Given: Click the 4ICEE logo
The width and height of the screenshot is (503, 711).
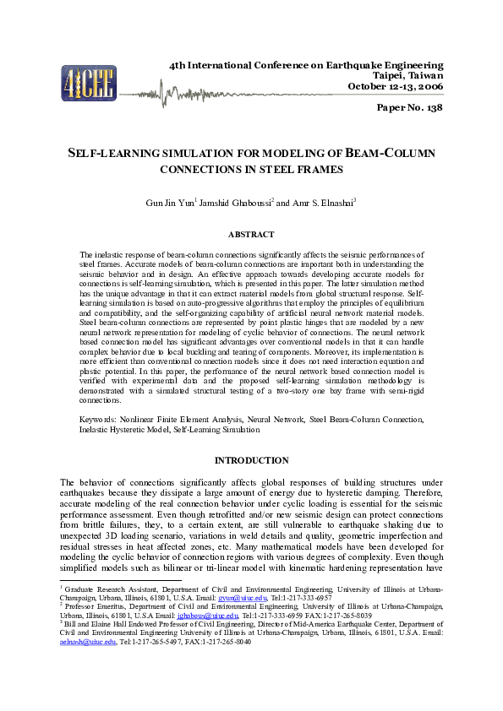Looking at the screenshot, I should pyautogui.click(x=88, y=83).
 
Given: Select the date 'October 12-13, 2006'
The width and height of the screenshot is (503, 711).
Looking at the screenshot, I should pyautogui.click(x=396, y=86).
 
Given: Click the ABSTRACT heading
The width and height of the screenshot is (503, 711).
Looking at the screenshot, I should pyautogui.click(x=251, y=234).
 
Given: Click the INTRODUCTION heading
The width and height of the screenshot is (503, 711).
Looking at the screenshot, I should pyautogui.click(x=251, y=460).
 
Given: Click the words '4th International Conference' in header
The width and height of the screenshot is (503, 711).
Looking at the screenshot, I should pyautogui.click(x=229, y=65).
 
